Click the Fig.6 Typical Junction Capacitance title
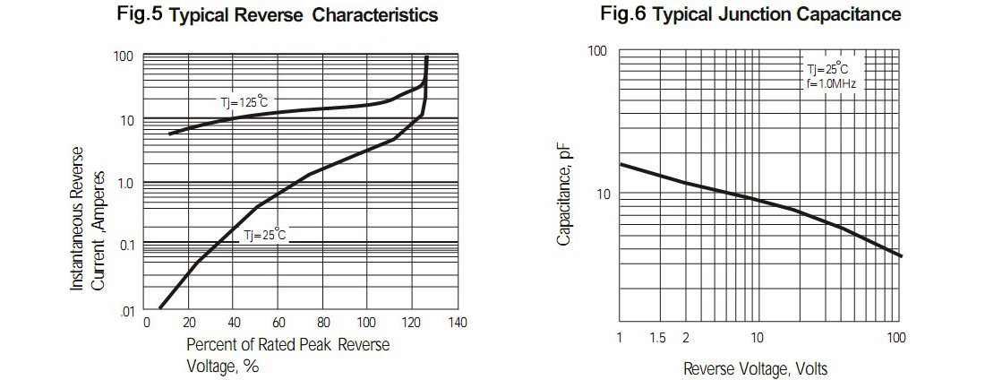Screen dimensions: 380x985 pyautogui.click(x=750, y=14)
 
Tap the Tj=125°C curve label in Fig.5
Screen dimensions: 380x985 pyautogui.click(x=244, y=102)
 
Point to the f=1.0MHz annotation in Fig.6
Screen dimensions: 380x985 pyautogui.click(x=832, y=83)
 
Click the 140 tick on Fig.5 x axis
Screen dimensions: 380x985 pyautogui.click(x=457, y=323)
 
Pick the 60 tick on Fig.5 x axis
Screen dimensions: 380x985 pyautogui.click(x=278, y=323)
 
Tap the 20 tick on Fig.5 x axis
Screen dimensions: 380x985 pyautogui.click(x=190, y=323)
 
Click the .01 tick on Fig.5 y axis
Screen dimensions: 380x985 pyautogui.click(x=127, y=310)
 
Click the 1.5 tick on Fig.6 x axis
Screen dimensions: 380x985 pyautogui.click(x=658, y=337)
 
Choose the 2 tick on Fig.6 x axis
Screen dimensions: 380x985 pyautogui.click(x=685, y=337)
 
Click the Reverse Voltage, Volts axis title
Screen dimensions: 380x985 pyautogui.click(x=755, y=368)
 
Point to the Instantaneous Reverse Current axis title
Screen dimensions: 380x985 pyautogui.click(x=89, y=218)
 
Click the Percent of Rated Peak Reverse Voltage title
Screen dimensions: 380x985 pyautogui.click(x=287, y=355)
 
